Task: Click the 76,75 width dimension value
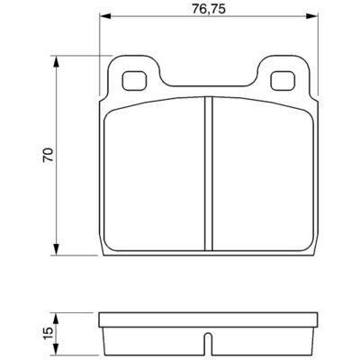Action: click(x=209, y=9)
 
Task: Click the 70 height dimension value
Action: click(x=49, y=155)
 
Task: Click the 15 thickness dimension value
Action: click(x=49, y=333)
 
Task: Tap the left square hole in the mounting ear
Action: click(x=134, y=80)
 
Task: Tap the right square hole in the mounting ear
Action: click(x=283, y=80)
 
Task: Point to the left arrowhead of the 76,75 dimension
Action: click(x=105, y=16)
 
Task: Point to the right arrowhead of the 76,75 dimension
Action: click(x=311, y=16)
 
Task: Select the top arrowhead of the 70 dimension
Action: click(x=56, y=61)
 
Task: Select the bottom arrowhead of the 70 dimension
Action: click(x=56, y=249)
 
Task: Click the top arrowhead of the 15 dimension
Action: click(x=56, y=319)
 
